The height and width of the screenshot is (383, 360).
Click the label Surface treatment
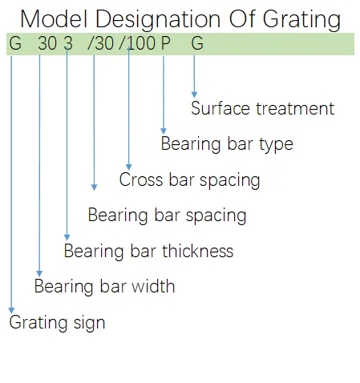coord(262,108)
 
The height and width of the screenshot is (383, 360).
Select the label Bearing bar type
coord(227,144)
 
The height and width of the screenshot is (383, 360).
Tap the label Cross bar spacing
coord(189,180)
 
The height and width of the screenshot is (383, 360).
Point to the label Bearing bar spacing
coord(167,216)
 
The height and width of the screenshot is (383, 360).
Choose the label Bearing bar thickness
coord(148,251)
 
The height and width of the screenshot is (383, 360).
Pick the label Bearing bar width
coord(104,286)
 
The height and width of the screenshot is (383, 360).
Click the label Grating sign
coord(57,323)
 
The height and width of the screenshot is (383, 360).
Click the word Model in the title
coord(54,18)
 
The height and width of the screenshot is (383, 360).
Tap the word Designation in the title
coord(158,19)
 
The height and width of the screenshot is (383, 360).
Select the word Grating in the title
coord(301,19)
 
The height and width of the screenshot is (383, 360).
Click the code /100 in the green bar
coord(137,43)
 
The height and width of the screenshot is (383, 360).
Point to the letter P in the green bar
coord(166,43)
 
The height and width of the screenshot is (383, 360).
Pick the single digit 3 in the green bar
coord(68,43)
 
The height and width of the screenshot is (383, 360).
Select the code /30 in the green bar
coord(100,43)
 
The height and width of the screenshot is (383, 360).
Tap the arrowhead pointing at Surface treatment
coord(194,95)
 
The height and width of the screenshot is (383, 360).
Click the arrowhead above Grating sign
coord(11,310)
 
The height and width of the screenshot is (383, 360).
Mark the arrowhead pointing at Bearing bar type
coord(164,131)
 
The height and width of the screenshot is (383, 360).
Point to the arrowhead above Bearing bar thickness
coord(67,237)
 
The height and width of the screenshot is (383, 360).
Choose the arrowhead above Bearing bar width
coord(39,273)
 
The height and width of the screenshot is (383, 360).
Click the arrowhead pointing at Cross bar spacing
coord(129,167)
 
